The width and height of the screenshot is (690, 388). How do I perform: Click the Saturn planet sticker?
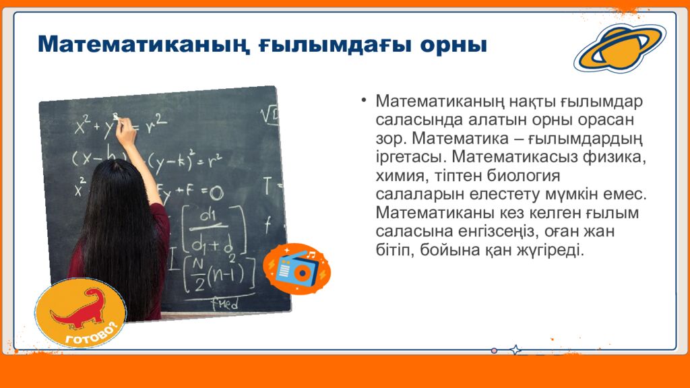[x=620, y=48]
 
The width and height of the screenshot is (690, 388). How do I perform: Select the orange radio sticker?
[x=296, y=269]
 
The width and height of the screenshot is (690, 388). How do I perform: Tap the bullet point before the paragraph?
[x=363, y=100]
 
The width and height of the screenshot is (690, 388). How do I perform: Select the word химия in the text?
[x=401, y=176]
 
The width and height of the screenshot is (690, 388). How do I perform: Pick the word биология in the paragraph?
[x=523, y=176]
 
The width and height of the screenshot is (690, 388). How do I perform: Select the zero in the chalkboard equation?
[x=216, y=192]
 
